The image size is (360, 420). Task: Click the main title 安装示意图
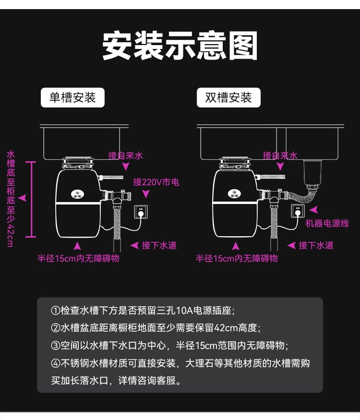(x=180, y=46)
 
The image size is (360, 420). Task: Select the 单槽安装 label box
(x=72, y=98)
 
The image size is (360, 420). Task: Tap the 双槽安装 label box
(x=228, y=98)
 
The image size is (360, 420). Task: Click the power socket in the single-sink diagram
(x=141, y=212)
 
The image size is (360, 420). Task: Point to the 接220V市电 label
(x=156, y=182)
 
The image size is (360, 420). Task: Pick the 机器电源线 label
(x=327, y=224)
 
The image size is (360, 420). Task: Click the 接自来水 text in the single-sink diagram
(x=126, y=156)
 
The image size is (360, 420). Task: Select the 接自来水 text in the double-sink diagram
(x=280, y=156)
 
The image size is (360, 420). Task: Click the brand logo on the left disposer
(x=77, y=194)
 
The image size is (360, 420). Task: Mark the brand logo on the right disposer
(x=234, y=194)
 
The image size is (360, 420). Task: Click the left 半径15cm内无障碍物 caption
(x=79, y=259)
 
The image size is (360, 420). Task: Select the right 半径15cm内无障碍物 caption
(x=237, y=259)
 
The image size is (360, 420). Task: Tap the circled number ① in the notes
(x=56, y=311)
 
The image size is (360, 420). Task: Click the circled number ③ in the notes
(x=56, y=346)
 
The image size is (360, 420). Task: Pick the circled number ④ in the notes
(x=56, y=363)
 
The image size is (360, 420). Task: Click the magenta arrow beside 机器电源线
(x=313, y=210)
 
